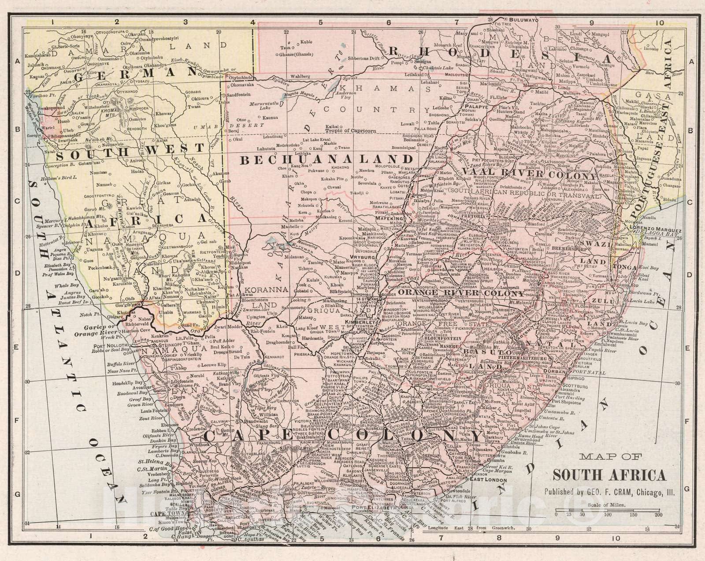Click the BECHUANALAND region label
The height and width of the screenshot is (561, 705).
coord(326,159)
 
